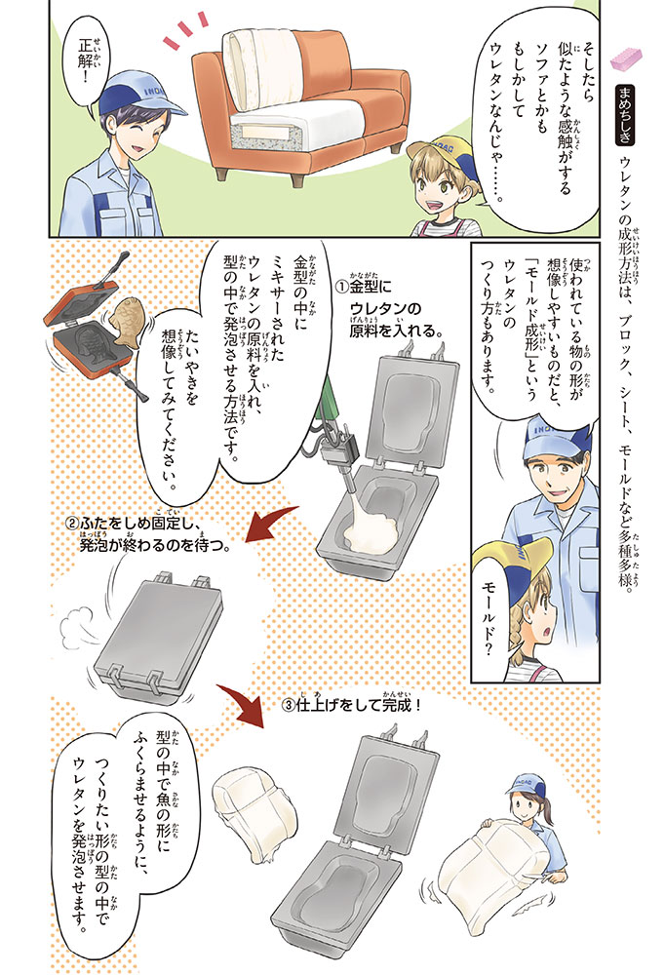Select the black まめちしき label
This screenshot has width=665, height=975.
click(x=624, y=114)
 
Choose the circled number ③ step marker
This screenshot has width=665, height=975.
click(x=288, y=707)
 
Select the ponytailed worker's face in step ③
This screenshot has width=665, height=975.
click(x=523, y=809)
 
